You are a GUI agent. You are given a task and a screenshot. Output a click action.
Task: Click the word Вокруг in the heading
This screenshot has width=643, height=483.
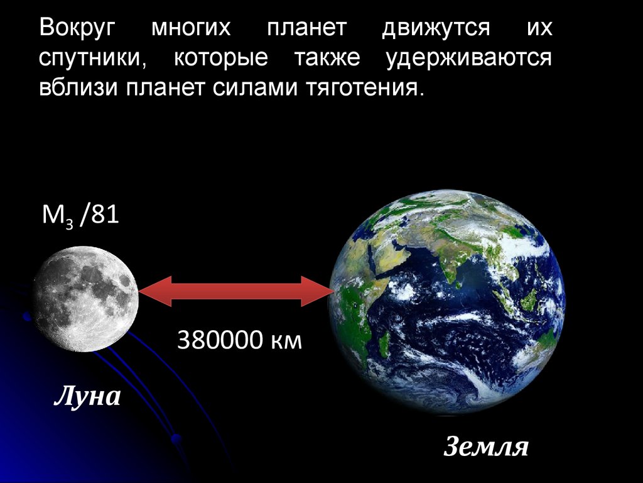coord(78,29)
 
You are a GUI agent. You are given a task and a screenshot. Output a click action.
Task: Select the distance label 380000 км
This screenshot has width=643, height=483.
coord(240,340)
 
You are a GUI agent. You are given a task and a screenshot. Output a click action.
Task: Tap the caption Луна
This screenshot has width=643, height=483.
coord(87,397)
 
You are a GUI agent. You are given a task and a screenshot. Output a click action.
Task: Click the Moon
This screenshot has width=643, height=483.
coord(85,299)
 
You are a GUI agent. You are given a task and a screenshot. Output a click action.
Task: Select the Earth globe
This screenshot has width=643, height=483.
coord(446,302)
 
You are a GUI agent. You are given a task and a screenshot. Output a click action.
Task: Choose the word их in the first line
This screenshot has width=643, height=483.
coord(543,29)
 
